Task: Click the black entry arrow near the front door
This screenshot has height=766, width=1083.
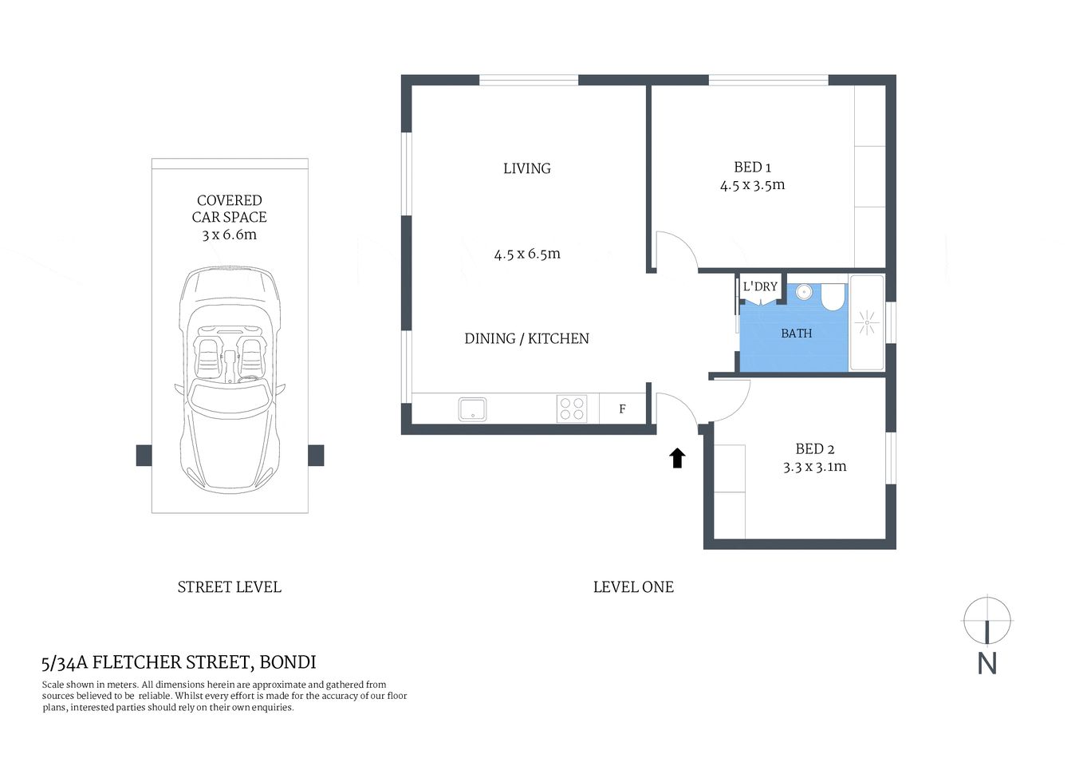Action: tap(677, 458)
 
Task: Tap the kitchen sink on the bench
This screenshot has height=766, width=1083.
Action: tap(472, 409)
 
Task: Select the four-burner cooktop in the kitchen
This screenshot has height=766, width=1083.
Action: tap(572, 409)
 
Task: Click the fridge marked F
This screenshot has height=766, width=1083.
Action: tap(622, 409)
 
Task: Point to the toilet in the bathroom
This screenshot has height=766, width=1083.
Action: tap(833, 298)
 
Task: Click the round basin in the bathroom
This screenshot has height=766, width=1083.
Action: tap(804, 292)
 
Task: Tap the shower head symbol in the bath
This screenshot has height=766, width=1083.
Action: tap(866, 323)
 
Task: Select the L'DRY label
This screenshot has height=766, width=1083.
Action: tap(760, 286)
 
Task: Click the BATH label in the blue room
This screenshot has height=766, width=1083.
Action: tap(796, 334)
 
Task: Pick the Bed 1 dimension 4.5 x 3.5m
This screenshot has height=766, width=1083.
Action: tap(752, 185)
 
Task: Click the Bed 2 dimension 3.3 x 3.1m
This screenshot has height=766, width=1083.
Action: tap(814, 467)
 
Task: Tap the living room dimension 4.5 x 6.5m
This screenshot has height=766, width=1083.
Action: tap(527, 255)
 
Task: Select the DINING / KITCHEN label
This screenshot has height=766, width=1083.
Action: tap(526, 338)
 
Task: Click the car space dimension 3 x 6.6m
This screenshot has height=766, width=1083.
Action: tap(229, 235)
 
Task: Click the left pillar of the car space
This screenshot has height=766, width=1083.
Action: tap(144, 456)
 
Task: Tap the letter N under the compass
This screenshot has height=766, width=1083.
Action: tap(987, 664)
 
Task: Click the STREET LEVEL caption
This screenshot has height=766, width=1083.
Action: tap(229, 587)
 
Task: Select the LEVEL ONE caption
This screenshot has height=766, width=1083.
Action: tap(633, 587)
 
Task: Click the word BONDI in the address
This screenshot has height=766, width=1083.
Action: tap(288, 662)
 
